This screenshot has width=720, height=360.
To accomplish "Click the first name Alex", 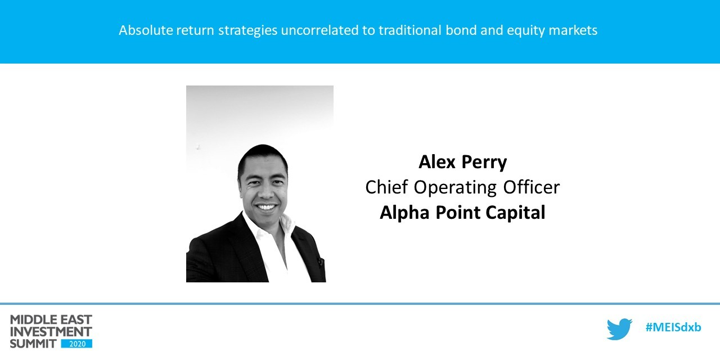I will pyautogui.click(x=438, y=162).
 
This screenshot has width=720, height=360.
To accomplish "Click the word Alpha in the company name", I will pyautogui.click(x=403, y=213).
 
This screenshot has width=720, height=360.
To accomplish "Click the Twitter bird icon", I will pyautogui.click(x=619, y=329).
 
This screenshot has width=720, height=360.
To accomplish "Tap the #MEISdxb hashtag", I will pyautogui.click(x=673, y=328).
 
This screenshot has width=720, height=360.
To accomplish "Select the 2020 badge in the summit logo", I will pyautogui.click(x=77, y=343).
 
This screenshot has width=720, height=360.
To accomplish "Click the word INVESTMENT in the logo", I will pyautogui.click(x=51, y=331).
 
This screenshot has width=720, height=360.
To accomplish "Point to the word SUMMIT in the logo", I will pyautogui.click(x=33, y=343).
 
